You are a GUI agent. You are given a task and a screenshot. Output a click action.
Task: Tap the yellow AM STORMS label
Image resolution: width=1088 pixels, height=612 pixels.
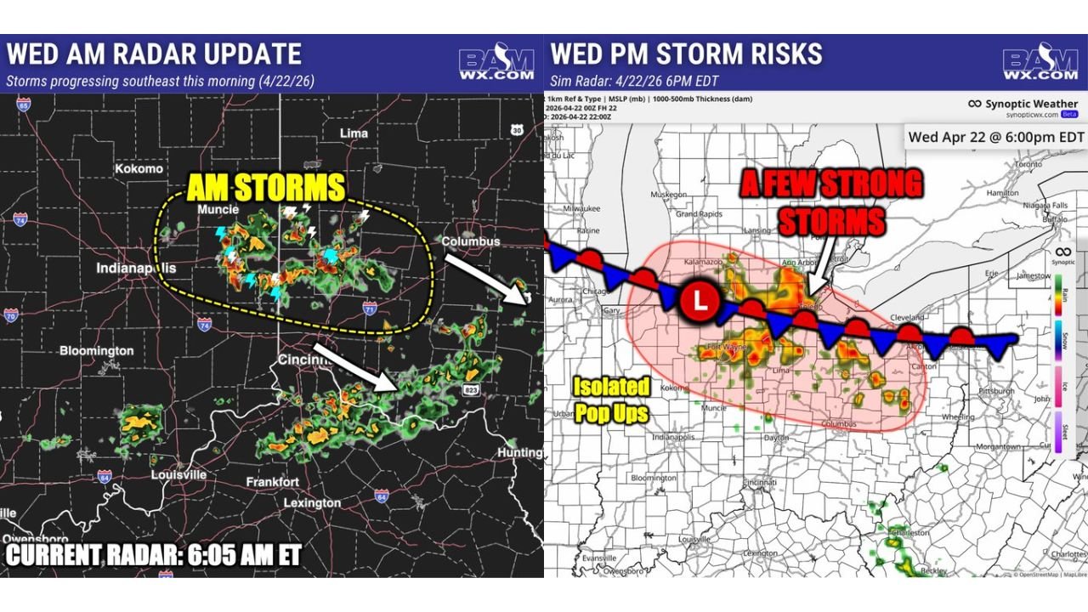[265, 188]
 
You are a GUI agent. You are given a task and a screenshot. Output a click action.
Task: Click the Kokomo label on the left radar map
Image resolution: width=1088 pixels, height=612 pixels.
[139, 168]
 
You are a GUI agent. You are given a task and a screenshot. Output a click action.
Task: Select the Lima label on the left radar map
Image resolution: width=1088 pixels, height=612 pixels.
[354, 133]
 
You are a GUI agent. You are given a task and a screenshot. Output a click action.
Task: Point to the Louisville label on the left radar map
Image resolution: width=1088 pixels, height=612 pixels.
[178, 474]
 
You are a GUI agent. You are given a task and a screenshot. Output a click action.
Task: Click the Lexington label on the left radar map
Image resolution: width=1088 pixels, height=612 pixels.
[312, 502]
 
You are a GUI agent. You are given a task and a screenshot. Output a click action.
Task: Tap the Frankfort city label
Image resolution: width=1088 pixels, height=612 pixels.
[272, 482]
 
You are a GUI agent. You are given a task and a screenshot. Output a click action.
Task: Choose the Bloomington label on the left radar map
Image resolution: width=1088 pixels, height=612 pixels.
[96, 350]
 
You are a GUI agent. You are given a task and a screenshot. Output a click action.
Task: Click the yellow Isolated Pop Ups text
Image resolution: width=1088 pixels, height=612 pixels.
[610, 399]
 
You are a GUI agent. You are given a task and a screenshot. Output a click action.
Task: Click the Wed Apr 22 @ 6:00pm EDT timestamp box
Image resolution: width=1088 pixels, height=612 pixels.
[996, 136]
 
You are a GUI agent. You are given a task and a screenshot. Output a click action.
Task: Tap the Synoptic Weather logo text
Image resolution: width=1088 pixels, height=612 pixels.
[1030, 104]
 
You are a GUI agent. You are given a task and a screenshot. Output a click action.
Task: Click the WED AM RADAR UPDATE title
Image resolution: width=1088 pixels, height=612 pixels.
[154, 54]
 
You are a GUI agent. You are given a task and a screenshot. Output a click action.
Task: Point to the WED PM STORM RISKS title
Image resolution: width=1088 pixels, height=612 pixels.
[686, 54]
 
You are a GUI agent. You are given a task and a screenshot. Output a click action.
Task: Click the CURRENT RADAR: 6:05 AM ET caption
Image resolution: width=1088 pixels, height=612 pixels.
[154, 555]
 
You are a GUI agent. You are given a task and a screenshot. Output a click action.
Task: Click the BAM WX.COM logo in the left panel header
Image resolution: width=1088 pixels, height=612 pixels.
[496, 64]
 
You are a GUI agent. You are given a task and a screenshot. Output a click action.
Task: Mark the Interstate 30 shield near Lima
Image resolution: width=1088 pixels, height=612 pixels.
[517, 130]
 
